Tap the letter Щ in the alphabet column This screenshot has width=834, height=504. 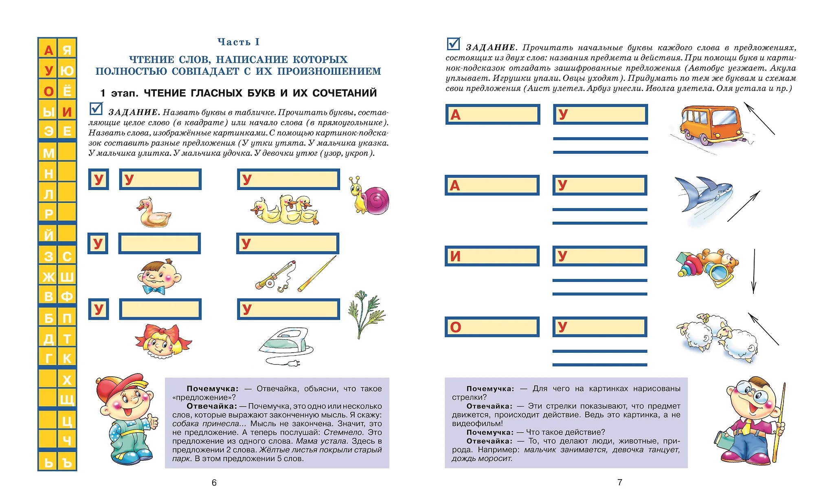pyautogui.click(x=67, y=399)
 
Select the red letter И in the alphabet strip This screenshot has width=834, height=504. pyautogui.click(x=67, y=112)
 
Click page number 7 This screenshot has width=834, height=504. pyautogui.click(x=619, y=482)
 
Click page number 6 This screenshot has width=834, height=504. pyautogui.click(x=214, y=483)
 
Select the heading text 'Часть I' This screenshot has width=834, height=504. pyautogui.click(x=238, y=42)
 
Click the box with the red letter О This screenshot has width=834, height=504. pyautogui.click(x=492, y=327)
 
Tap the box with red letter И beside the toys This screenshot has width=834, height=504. pyautogui.click(x=492, y=256)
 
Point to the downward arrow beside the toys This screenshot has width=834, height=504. pyautogui.click(x=754, y=271)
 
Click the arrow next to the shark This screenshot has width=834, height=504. pyautogui.click(x=744, y=206)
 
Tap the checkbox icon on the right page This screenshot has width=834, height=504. pyautogui.click(x=453, y=44)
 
